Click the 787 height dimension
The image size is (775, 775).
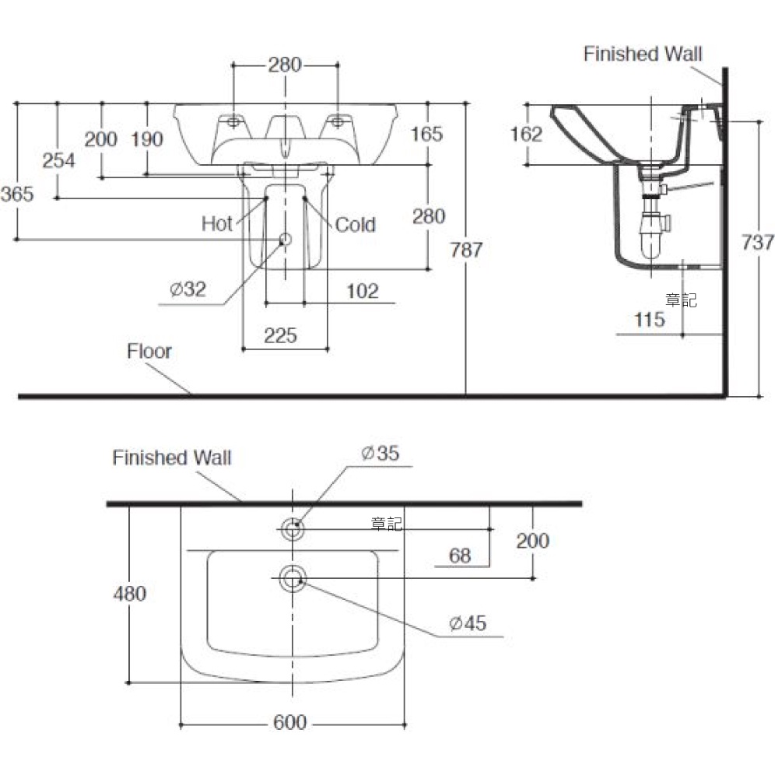coord(466,250)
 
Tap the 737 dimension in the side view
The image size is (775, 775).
coord(757,243)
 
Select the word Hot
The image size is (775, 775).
coord(217,224)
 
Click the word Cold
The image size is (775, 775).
coord(356,225)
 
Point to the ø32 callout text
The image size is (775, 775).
coord(188,289)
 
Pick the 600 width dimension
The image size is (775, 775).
coord(290,723)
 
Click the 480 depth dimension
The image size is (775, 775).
coord(129,594)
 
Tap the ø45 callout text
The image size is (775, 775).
coord(468,623)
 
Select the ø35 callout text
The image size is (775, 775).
coord(380,453)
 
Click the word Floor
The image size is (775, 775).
coord(149,352)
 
